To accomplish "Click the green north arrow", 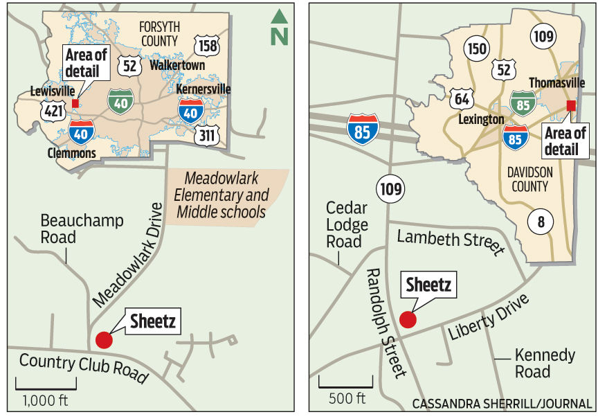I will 279,28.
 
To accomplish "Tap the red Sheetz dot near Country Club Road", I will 104,339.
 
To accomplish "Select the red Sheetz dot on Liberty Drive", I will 408,319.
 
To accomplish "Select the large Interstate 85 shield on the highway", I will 363,130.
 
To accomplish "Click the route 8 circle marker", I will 541,222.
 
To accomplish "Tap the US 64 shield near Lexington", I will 462,98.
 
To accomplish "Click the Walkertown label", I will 172,68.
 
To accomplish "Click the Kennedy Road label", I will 545,363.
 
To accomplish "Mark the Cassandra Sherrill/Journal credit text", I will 502,403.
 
